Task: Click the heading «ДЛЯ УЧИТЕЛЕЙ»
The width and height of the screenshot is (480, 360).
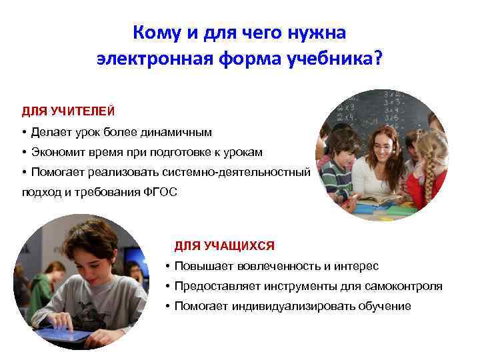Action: pyautogui.click(x=59, y=109)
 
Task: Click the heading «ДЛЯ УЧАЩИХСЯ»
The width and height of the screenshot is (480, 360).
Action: pyautogui.click(x=224, y=246)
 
